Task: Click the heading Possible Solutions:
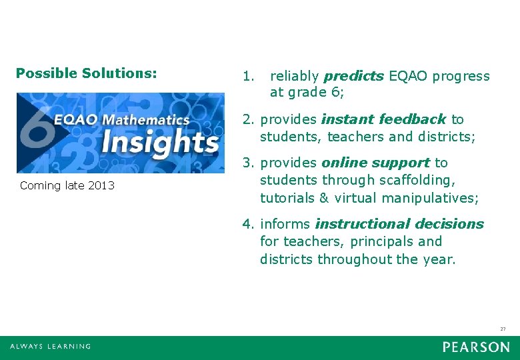[86, 73]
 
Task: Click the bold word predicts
[353, 76]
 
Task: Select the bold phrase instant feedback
[383, 119]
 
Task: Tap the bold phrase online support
[375, 163]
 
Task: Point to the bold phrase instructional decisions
[399, 224]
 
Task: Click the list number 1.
[248, 76]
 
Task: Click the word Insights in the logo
[160, 142]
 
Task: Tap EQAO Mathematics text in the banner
[122, 120]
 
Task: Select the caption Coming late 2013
[67, 185]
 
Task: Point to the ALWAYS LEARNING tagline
[51, 347]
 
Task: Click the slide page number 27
[503, 329]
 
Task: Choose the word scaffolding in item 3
[417, 181]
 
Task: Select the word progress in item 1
[461, 76]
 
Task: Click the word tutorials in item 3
[286, 198]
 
